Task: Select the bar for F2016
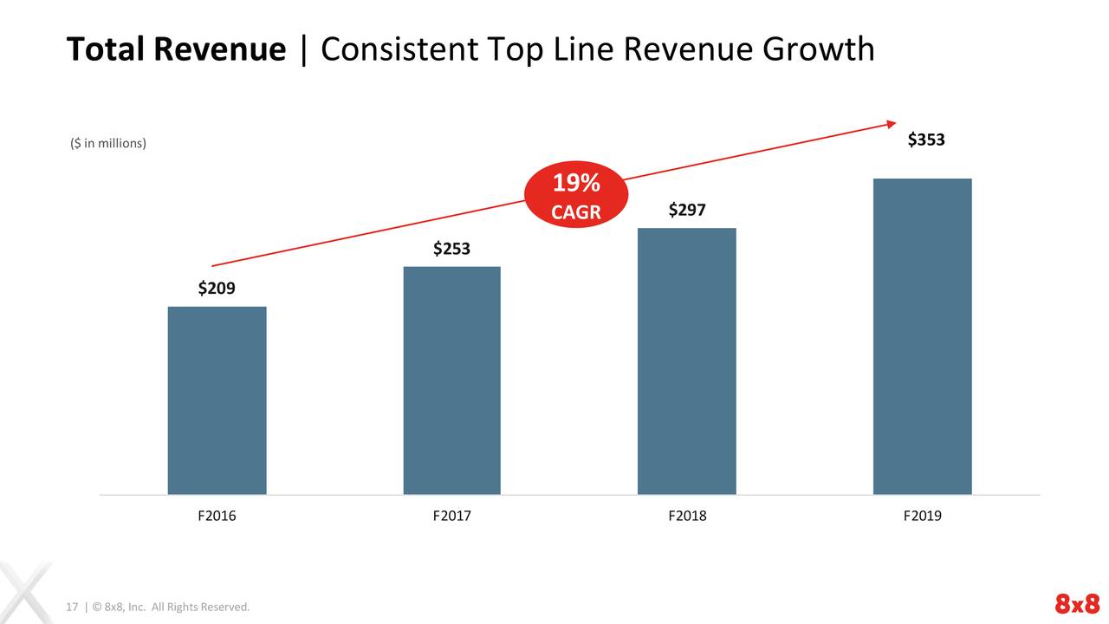point(217,400)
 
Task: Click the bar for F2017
point(451,380)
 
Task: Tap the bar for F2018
point(686,361)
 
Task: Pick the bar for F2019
point(922,336)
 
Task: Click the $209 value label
point(217,289)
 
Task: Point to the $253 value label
point(451,250)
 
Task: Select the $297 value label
point(687,211)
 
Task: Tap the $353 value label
point(926,140)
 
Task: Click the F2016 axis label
point(217,516)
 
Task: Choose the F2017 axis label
point(451,516)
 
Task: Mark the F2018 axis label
point(687,516)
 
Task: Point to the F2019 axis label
point(922,516)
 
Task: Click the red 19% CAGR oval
point(576,197)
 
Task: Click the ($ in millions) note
point(108,143)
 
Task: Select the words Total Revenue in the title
point(176,50)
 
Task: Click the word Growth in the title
point(818,50)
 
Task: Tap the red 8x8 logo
point(1076,604)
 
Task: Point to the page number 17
point(73,607)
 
